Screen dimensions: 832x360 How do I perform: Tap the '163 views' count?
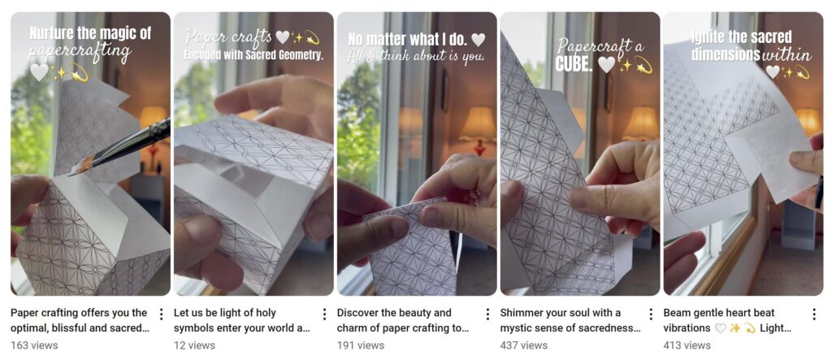click(34, 345)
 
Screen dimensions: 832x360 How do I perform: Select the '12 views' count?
click(194, 345)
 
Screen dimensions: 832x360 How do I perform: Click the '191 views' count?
click(360, 345)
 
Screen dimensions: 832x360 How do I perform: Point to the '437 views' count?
click(524, 345)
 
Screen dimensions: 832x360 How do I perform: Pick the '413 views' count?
click(687, 345)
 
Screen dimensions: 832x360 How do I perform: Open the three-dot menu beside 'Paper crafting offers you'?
click(161, 314)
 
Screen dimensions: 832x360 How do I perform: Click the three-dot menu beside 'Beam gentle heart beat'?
click(814, 314)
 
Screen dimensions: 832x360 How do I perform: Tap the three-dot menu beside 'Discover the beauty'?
click(487, 314)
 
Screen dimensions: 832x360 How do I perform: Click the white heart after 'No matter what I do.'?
click(478, 40)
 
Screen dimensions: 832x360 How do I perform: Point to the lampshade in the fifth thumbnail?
click(807, 120)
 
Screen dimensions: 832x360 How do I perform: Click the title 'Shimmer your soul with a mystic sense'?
click(570, 320)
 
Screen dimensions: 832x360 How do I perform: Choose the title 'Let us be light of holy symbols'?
click(241, 320)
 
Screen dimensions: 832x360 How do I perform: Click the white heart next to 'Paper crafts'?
click(283, 37)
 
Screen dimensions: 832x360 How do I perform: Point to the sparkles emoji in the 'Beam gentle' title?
click(734, 328)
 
